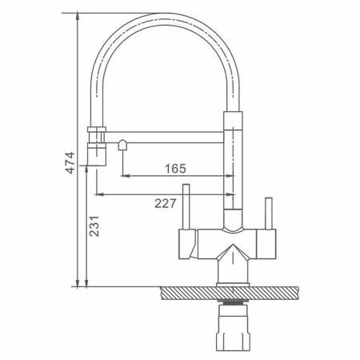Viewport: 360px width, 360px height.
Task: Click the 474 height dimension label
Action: point(70,162)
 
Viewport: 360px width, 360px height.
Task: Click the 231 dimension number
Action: point(94,226)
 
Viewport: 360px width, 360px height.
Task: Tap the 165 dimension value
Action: point(175,169)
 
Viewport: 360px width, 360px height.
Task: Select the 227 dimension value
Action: point(166,203)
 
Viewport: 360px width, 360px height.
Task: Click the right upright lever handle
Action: point(269,214)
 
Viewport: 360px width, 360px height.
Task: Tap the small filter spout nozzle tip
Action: point(122,145)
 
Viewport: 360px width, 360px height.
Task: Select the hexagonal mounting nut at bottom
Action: point(233,328)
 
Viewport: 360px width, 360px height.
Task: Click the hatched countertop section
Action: point(230,293)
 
